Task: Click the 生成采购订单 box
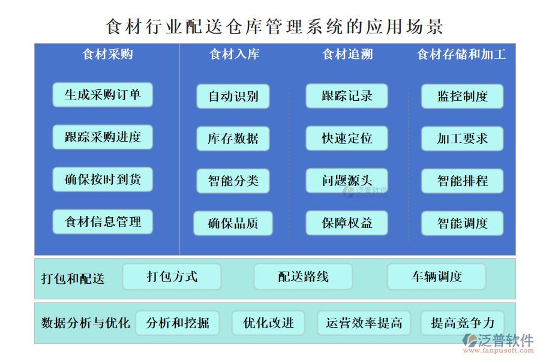click(x=102, y=95)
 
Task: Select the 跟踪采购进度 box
click(x=102, y=137)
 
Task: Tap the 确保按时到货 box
click(x=102, y=179)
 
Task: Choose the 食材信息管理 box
click(x=102, y=222)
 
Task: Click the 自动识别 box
click(x=233, y=96)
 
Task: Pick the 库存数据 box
click(x=233, y=139)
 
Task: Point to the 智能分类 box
click(x=233, y=181)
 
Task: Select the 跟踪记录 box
click(x=347, y=96)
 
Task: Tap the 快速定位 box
click(x=347, y=139)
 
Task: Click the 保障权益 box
click(x=347, y=223)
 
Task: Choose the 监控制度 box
click(x=462, y=96)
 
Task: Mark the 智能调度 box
click(x=462, y=223)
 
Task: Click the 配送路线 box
click(x=303, y=277)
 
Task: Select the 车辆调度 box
click(x=436, y=277)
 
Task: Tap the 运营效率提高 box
click(x=364, y=323)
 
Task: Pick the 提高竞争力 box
click(x=462, y=323)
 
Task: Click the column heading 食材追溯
click(x=347, y=55)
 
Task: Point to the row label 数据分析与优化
click(x=85, y=323)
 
